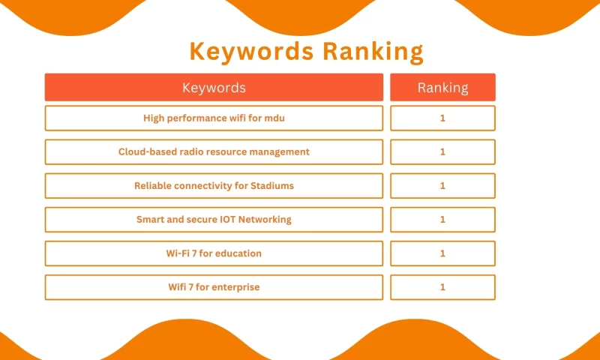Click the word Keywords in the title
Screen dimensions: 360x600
[x=252, y=52]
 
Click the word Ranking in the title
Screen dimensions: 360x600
[x=373, y=52]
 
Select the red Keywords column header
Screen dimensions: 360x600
[x=214, y=87]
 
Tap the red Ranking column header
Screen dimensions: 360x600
[x=442, y=87]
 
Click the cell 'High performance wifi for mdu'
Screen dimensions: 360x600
[x=214, y=118]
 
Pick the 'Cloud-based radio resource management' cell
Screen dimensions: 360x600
[x=214, y=151]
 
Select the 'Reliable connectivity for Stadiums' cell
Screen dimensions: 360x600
[x=214, y=185]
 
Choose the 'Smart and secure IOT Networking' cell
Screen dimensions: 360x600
[x=214, y=219]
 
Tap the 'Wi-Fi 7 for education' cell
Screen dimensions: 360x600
[x=214, y=253]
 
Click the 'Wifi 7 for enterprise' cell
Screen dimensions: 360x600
[x=214, y=286]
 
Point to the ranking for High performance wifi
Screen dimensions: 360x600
[x=442, y=118]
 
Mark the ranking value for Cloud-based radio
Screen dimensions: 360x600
[x=442, y=151]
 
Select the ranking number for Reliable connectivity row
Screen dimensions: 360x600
[x=442, y=185]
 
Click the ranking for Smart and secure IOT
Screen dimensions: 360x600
[x=442, y=219]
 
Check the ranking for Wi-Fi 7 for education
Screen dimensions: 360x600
[x=442, y=253]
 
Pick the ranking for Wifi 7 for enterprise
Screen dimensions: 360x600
[x=442, y=286]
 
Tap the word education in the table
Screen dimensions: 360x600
[x=237, y=253]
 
